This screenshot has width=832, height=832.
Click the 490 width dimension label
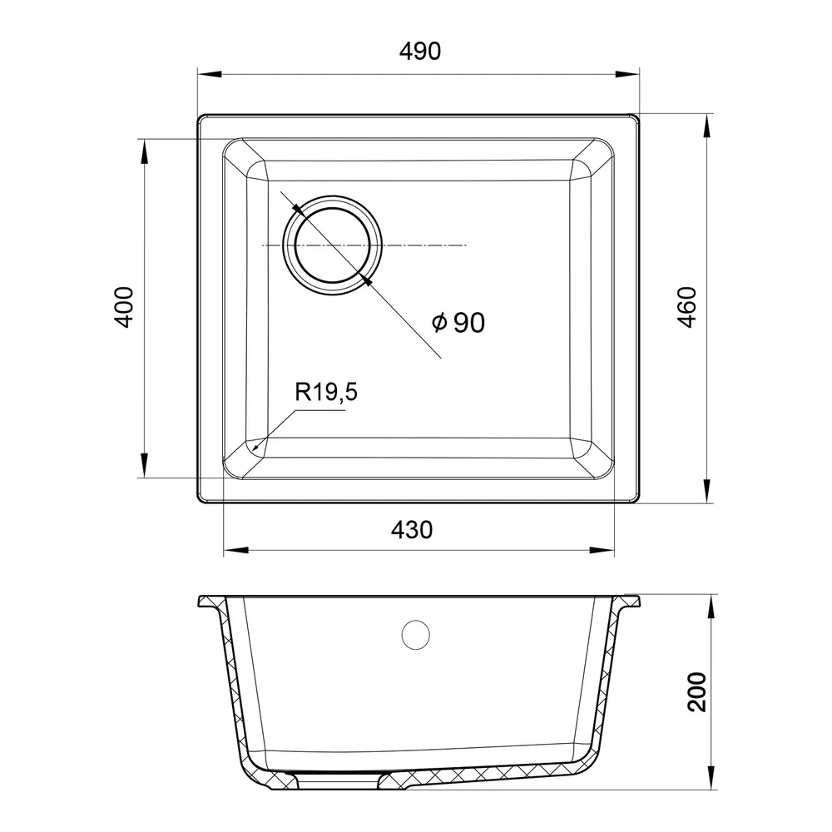[419, 51]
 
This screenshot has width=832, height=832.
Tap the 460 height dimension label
[687, 307]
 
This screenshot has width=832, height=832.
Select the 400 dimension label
[124, 307]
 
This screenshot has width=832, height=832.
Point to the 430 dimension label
[412, 530]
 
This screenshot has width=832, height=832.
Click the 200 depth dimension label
[696, 692]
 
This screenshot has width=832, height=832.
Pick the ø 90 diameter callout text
[458, 323]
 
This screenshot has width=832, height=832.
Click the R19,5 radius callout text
[326, 393]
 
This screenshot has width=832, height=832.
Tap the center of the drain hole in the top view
[332, 245]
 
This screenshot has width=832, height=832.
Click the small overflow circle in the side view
[415, 635]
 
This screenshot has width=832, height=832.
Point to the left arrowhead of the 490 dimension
[209, 74]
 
